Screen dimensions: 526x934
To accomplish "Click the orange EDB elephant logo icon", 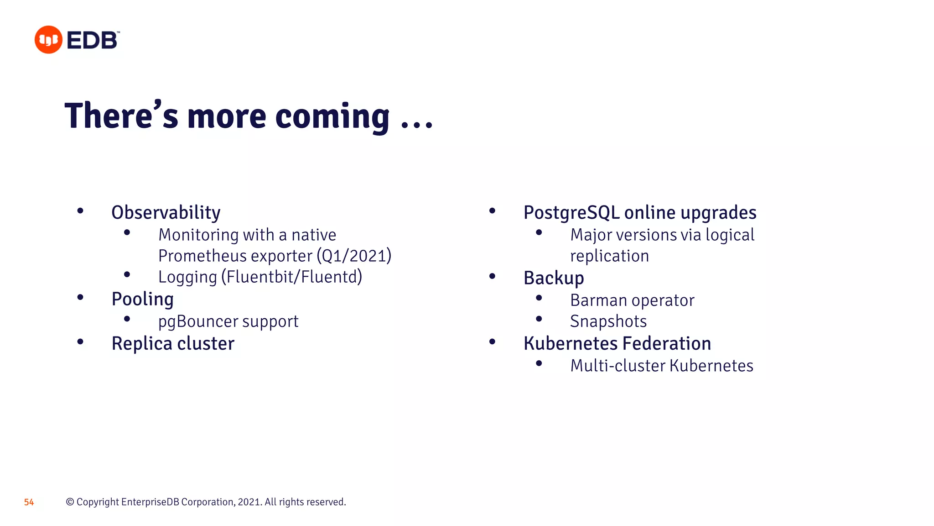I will pyautogui.click(x=48, y=40).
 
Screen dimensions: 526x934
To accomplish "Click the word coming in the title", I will pyautogui.click(x=332, y=117).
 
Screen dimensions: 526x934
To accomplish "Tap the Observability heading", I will pyautogui.click(x=166, y=213).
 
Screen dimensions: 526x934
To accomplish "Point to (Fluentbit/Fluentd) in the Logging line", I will pyautogui.click(x=292, y=277).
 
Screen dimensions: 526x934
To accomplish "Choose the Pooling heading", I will pyautogui.click(x=142, y=300).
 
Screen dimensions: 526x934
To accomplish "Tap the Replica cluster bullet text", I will pyautogui.click(x=173, y=344).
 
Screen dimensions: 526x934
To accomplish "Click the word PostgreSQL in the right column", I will pyautogui.click(x=571, y=213).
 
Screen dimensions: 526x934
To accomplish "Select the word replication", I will pyautogui.click(x=609, y=256).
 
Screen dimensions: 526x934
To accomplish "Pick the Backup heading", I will pyautogui.click(x=554, y=278).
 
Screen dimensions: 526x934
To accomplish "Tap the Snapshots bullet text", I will pyautogui.click(x=608, y=321).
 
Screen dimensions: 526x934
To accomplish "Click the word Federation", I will pyautogui.click(x=666, y=344).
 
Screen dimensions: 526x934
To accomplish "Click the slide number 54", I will pyautogui.click(x=29, y=502).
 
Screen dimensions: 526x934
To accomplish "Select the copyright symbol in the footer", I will pyautogui.click(x=70, y=502).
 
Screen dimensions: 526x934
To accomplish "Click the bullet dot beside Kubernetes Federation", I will pyautogui.click(x=492, y=342).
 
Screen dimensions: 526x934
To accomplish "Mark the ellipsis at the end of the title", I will pyautogui.click(x=416, y=124).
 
